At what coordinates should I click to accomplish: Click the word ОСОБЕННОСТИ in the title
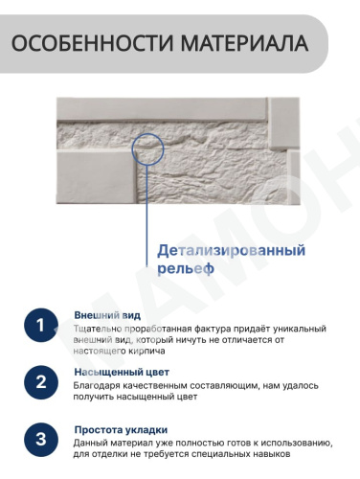pyautogui.click(x=92, y=43)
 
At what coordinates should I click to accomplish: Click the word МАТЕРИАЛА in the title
pyautogui.click(x=245, y=43)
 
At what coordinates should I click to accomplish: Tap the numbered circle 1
pyautogui.click(x=41, y=325)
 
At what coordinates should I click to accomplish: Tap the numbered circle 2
pyautogui.click(x=41, y=382)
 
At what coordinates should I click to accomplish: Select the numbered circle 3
pyautogui.click(x=41, y=439)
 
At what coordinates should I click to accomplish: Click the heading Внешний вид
pyautogui.click(x=107, y=315)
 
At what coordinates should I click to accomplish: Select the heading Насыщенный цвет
pyautogui.click(x=122, y=373)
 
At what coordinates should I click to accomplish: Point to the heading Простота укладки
pyautogui.click(x=121, y=430)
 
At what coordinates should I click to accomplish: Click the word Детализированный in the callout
pyautogui.click(x=232, y=251)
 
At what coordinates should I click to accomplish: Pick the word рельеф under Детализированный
pyautogui.click(x=186, y=268)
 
